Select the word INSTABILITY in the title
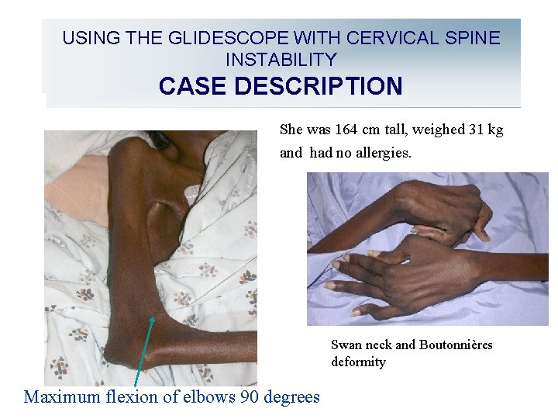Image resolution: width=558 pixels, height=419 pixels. coord(281,59)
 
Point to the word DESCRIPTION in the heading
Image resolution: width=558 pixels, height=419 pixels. coord(319,85)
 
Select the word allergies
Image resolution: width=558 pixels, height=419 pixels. coord(384,152)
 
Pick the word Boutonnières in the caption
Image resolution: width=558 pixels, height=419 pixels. coord(456,345)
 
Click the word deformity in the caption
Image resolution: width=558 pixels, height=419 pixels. coord(358,362)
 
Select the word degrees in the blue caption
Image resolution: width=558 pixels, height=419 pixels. coord(291,397)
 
